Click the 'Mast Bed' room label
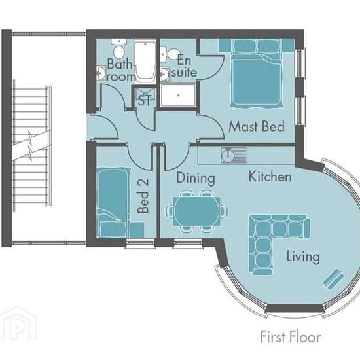(257, 126)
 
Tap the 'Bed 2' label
(143, 196)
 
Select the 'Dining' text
(196, 178)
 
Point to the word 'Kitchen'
(270, 177)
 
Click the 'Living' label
(303, 257)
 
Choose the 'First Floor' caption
(291, 337)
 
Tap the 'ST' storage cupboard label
(145, 100)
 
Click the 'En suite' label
(184, 67)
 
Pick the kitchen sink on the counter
(234, 155)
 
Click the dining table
(197, 211)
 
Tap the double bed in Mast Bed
(257, 73)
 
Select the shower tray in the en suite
(179, 96)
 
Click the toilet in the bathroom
(119, 48)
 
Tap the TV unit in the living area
(334, 279)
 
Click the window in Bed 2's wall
(140, 243)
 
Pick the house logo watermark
(18, 323)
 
